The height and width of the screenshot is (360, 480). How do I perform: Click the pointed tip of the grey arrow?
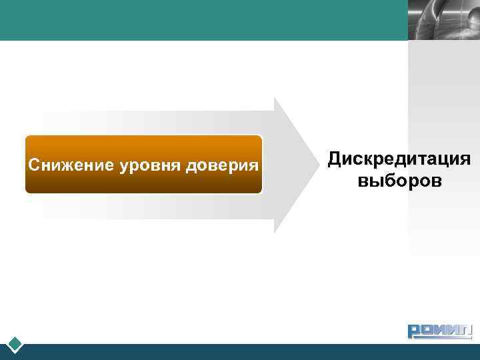[315, 165]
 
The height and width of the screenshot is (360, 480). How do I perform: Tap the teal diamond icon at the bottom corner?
[15, 345]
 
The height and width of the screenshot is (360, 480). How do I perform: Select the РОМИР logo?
[439, 331]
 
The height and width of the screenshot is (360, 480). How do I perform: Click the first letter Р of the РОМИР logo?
[415, 331]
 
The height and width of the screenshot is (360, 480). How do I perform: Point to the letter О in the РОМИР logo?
[427, 331]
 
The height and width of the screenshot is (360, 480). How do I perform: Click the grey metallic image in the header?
[443, 20]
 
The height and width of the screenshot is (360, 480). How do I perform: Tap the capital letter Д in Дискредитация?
[334, 160]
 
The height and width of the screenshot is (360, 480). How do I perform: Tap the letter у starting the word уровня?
[124, 166]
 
